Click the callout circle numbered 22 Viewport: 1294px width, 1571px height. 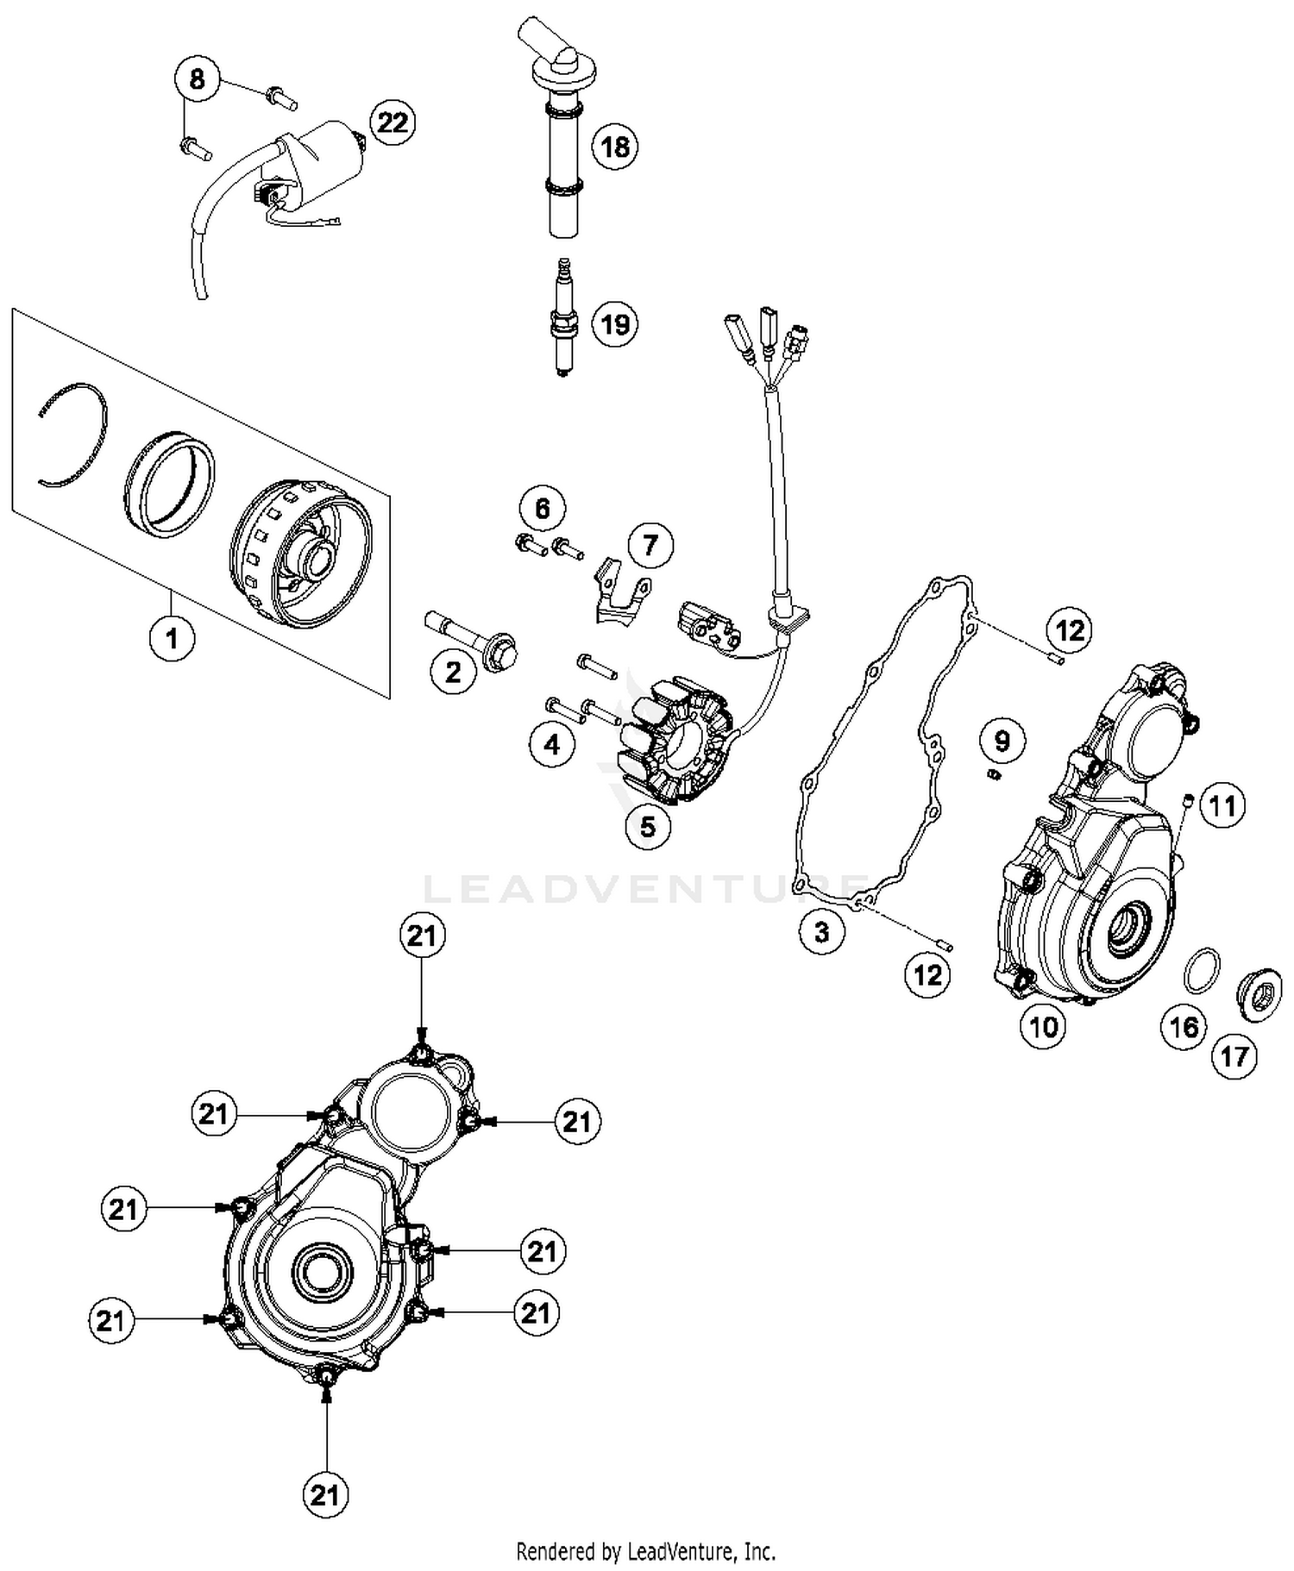(x=393, y=122)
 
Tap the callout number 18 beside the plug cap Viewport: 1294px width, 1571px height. (x=614, y=147)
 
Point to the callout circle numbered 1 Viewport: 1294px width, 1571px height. (x=172, y=639)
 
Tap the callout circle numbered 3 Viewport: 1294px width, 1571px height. (x=821, y=931)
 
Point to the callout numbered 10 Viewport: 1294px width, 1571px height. (x=1043, y=1026)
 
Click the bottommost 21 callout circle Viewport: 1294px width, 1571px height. (x=325, y=1494)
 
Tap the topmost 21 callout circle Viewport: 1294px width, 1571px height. (x=422, y=936)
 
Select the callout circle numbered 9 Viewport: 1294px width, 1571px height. (x=1002, y=741)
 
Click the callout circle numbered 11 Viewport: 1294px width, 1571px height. (x=1222, y=806)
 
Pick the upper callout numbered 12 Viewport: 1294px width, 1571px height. (x=1070, y=630)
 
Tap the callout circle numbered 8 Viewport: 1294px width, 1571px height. (x=198, y=80)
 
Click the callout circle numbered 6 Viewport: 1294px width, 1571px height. (x=542, y=509)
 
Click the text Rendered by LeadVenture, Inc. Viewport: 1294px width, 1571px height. (x=645, y=1552)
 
